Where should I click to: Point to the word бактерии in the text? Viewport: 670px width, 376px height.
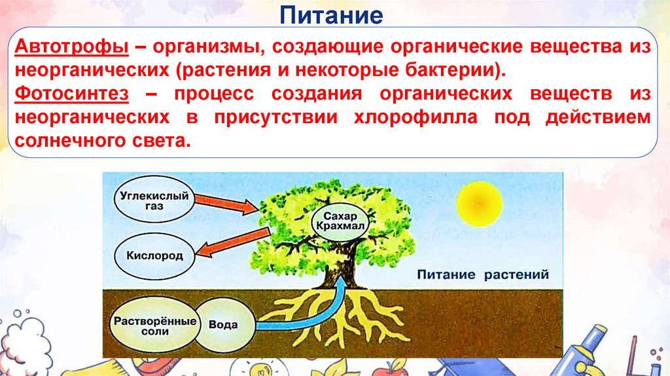click(x=451, y=70)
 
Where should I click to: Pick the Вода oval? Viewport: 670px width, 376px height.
click(x=222, y=325)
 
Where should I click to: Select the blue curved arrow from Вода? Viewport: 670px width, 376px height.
click(x=308, y=308)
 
